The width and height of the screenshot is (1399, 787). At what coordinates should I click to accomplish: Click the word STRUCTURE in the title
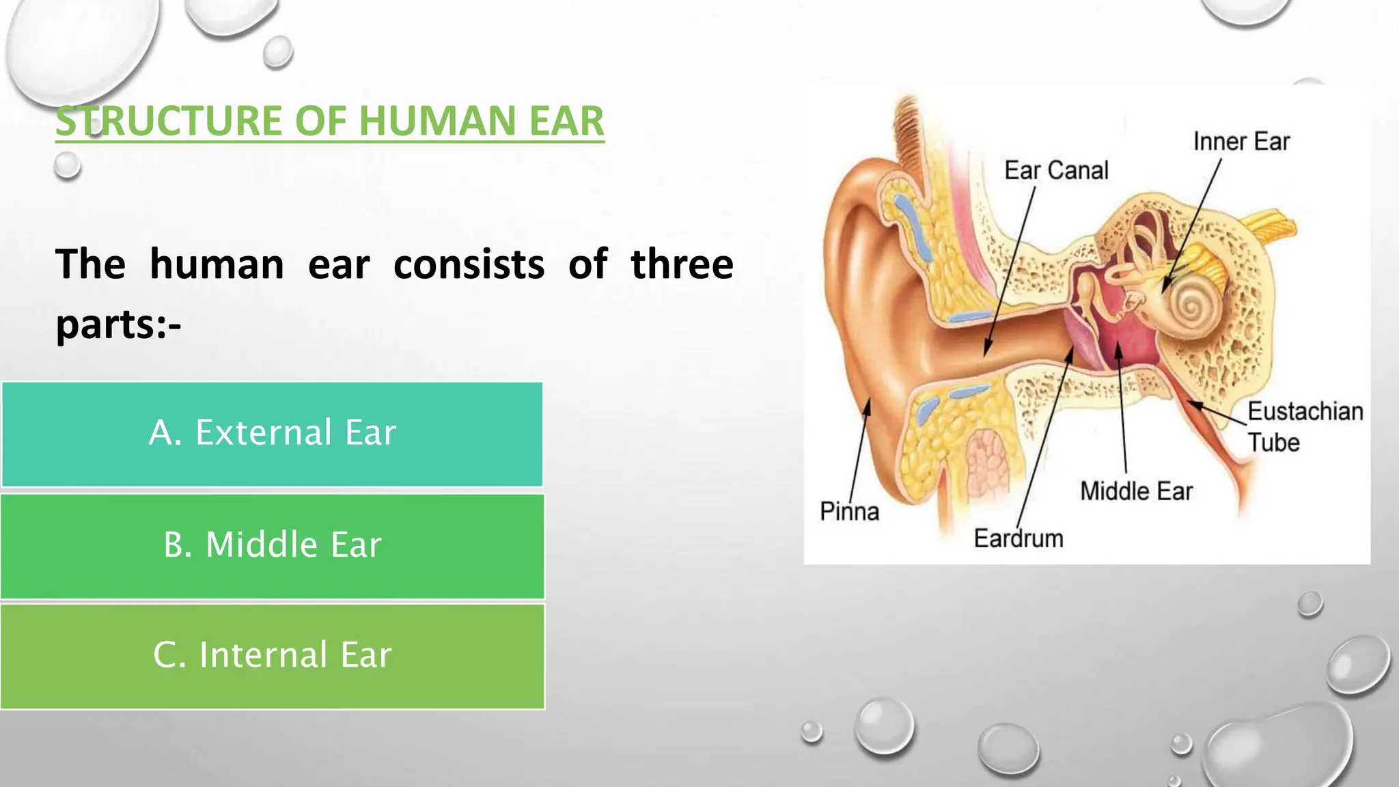(x=169, y=121)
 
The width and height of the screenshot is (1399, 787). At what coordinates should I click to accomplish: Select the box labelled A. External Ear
(x=272, y=434)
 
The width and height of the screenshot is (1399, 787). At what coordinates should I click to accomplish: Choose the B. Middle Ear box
(x=272, y=546)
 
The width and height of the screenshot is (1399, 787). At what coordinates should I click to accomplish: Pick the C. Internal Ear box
(x=272, y=656)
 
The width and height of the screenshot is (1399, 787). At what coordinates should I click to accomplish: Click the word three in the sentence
(x=681, y=264)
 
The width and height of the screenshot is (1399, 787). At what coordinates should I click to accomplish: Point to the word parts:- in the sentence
(x=118, y=324)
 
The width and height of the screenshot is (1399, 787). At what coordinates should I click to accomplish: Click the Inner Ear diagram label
(x=1241, y=141)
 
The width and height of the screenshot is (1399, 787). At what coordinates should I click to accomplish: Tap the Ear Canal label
(x=1056, y=170)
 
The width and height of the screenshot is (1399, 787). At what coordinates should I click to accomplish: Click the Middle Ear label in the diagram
(x=1136, y=491)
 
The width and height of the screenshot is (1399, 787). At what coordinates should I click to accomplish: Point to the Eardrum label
(x=1019, y=538)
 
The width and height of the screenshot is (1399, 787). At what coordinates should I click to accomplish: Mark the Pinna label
(x=849, y=511)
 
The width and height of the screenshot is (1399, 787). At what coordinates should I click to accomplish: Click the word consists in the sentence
(x=469, y=264)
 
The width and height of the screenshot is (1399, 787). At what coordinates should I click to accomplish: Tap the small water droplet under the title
(x=67, y=165)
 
